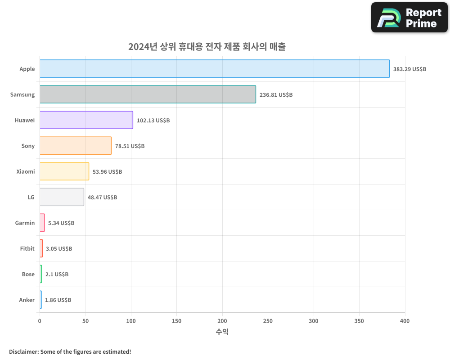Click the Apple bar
215,69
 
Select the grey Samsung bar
148,94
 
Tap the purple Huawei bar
86,120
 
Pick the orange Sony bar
76,146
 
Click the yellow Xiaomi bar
64,171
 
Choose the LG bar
62,197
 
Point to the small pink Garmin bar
42,223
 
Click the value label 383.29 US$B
409,69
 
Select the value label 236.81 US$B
276,95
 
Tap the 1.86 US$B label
58,300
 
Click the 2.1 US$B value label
57,274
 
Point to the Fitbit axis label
27,248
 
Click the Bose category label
28,274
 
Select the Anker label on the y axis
27,300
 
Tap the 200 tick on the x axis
222,321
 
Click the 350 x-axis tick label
359,321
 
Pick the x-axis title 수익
222,332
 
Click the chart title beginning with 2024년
207,46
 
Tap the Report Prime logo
409,18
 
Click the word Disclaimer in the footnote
23,351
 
